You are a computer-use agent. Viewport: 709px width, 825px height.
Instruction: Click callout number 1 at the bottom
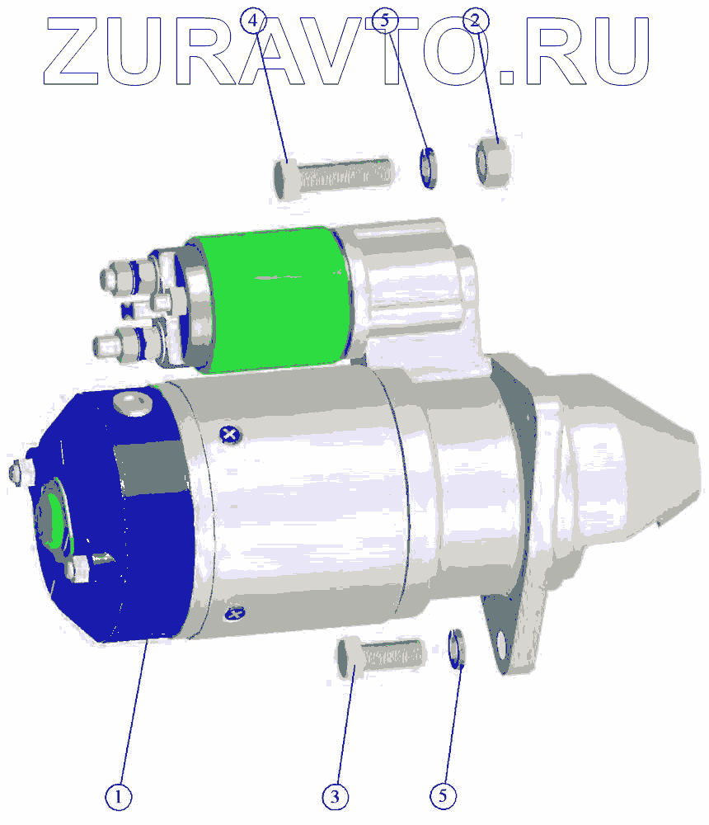pyautogui.click(x=119, y=797)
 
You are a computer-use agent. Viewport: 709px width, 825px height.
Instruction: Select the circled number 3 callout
pyautogui.click(x=335, y=797)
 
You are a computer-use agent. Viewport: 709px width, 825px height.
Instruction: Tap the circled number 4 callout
pyautogui.click(x=254, y=21)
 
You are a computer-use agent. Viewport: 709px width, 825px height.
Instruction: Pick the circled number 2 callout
pyautogui.click(x=476, y=21)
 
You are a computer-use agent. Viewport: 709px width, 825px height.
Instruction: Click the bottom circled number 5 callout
pyautogui.click(x=443, y=796)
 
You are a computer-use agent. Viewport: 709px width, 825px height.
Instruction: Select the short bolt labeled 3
pyautogui.click(x=380, y=657)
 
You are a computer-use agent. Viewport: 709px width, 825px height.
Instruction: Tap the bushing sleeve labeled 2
pyautogui.click(x=493, y=161)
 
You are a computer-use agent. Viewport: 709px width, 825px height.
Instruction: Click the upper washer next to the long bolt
pyautogui.click(x=428, y=168)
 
